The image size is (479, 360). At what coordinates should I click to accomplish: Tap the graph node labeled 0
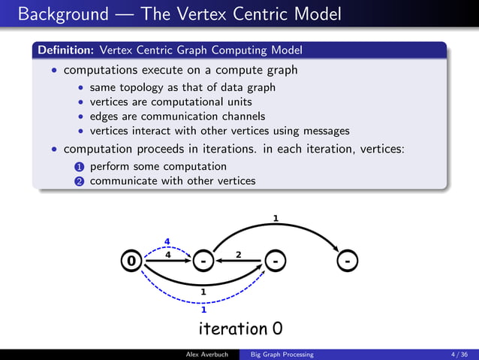[x=132, y=261]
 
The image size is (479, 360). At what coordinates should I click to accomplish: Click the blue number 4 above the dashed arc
[x=167, y=242]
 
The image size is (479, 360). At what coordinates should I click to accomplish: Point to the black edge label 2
[x=238, y=255]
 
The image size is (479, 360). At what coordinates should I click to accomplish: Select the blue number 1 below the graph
[x=203, y=308]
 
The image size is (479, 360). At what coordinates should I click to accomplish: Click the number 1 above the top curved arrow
[x=276, y=219]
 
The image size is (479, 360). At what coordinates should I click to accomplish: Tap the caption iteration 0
[x=240, y=328]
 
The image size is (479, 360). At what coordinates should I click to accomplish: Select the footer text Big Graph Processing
[x=282, y=354]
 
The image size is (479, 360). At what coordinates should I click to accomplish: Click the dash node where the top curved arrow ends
[x=347, y=261]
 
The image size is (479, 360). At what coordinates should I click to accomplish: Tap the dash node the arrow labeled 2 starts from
[x=276, y=261]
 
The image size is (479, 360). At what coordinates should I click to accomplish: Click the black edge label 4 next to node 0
[x=167, y=255]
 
